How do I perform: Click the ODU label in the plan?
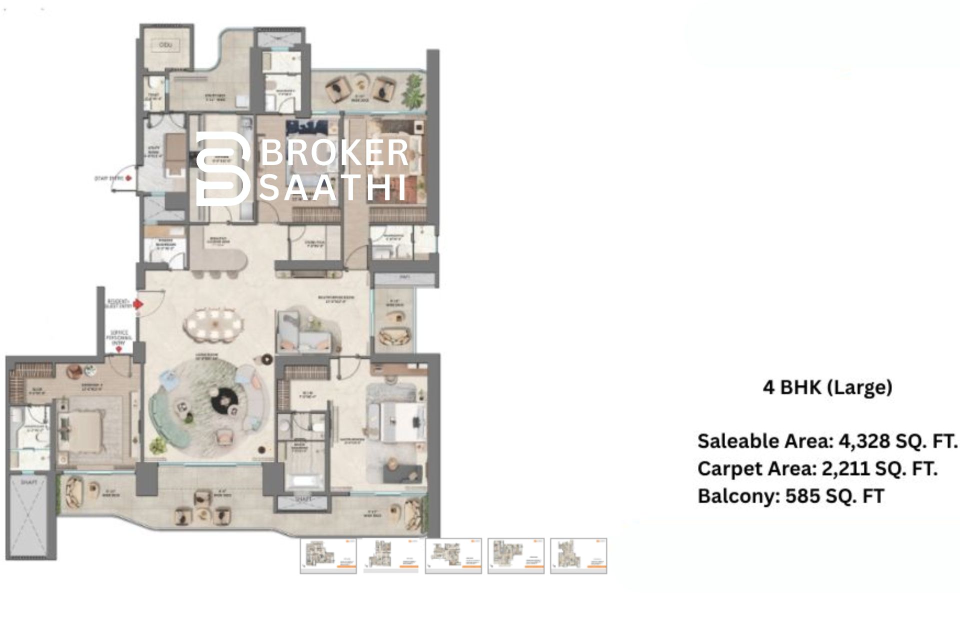[165, 45]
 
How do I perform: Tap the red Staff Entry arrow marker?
[129, 177]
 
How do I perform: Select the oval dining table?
[214, 325]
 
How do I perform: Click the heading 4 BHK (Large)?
[827, 387]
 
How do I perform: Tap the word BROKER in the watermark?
[334, 153]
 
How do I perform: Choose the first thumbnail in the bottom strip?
[328, 555]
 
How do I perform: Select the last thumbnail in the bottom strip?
[578, 555]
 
